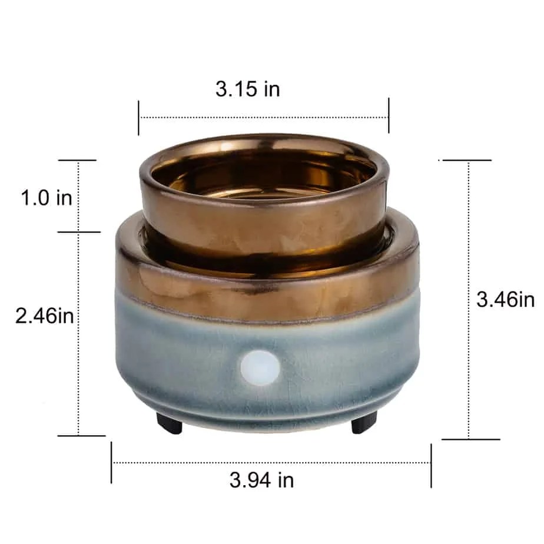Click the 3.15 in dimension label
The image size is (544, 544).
pos(247,89)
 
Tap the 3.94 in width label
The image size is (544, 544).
pos(261,480)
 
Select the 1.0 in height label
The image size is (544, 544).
pos(47,198)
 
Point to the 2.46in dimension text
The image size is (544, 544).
pos(45,316)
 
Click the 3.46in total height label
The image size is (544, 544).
pos(505,300)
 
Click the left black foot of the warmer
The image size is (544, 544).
pos(169,422)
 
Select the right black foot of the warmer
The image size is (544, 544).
pos(364,422)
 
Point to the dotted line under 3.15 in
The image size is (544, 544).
pos(263,117)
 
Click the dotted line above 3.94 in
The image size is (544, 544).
pos(271,463)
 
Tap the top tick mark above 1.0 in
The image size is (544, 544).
pos(77,160)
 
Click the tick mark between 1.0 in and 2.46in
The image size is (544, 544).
pos(79,232)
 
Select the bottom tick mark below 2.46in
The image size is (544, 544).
pos(81,436)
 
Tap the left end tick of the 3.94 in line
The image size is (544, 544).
pos(111,463)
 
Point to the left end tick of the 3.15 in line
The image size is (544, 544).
pos(139,117)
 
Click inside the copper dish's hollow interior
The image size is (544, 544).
pos(264,177)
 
